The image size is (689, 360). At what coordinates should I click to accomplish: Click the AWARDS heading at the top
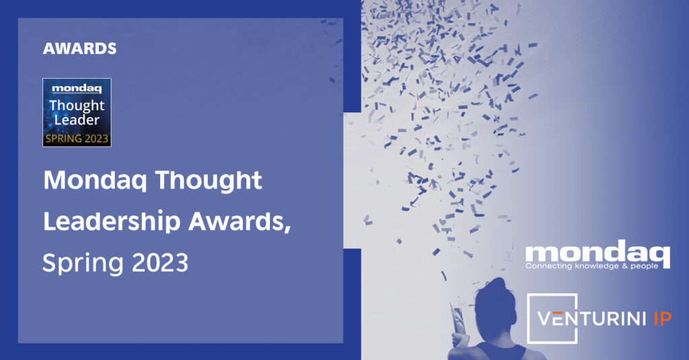[x=79, y=48]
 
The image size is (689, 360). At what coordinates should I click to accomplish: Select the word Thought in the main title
[x=209, y=181]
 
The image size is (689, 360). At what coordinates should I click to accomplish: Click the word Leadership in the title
[x=112, y=221]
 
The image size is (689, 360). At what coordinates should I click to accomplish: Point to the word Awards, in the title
[x=240, y=221]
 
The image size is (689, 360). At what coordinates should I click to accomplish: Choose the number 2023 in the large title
[x=160, y=262]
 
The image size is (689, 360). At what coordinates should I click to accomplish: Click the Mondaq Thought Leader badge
[x=77, y=112]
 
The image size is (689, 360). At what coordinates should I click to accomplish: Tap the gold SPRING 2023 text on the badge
[x=77, y=139]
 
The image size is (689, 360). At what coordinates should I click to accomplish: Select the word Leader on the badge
[x=77, y=120]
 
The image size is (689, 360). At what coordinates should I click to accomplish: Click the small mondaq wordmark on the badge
[x=77, y=89]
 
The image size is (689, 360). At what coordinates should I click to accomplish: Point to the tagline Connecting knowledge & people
[x=591, y=266]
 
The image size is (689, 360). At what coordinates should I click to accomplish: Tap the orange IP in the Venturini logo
[x=663, y=319]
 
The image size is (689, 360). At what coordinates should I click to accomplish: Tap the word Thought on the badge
[x=77, y=106]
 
